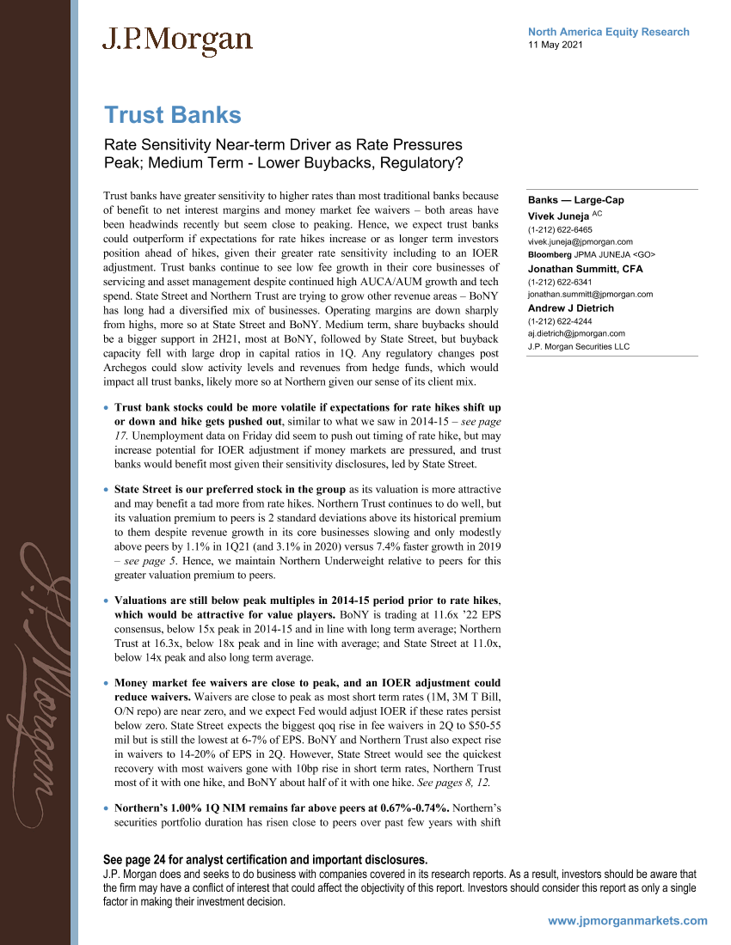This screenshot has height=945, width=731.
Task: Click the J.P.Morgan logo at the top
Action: (177, 40)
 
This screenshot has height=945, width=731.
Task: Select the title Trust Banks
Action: (172, 115)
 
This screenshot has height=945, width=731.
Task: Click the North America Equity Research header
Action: (608, 32)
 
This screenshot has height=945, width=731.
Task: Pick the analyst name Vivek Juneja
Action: (557, 216)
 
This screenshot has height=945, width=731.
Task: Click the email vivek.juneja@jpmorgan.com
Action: (580, 242)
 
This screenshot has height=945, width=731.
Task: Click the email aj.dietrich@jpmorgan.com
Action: (576, 333)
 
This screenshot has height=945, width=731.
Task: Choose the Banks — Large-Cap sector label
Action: (575, 200)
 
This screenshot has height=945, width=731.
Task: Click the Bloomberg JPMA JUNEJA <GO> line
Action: (592, 254)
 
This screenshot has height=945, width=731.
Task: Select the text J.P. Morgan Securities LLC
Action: (579, 346)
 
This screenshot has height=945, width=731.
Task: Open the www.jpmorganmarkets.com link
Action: (627, 920)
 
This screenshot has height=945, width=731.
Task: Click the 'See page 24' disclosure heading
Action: (264, 860)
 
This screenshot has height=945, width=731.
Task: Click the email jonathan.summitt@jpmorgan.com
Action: (590, 294)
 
